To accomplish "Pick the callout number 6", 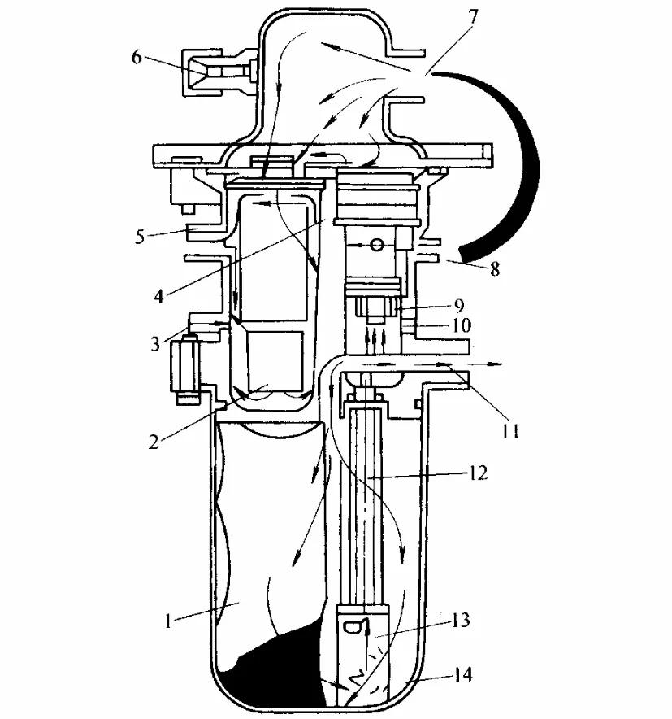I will click(136, 58).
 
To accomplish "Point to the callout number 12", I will click(477, 473).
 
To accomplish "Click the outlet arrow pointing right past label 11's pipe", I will click(488, 367).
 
